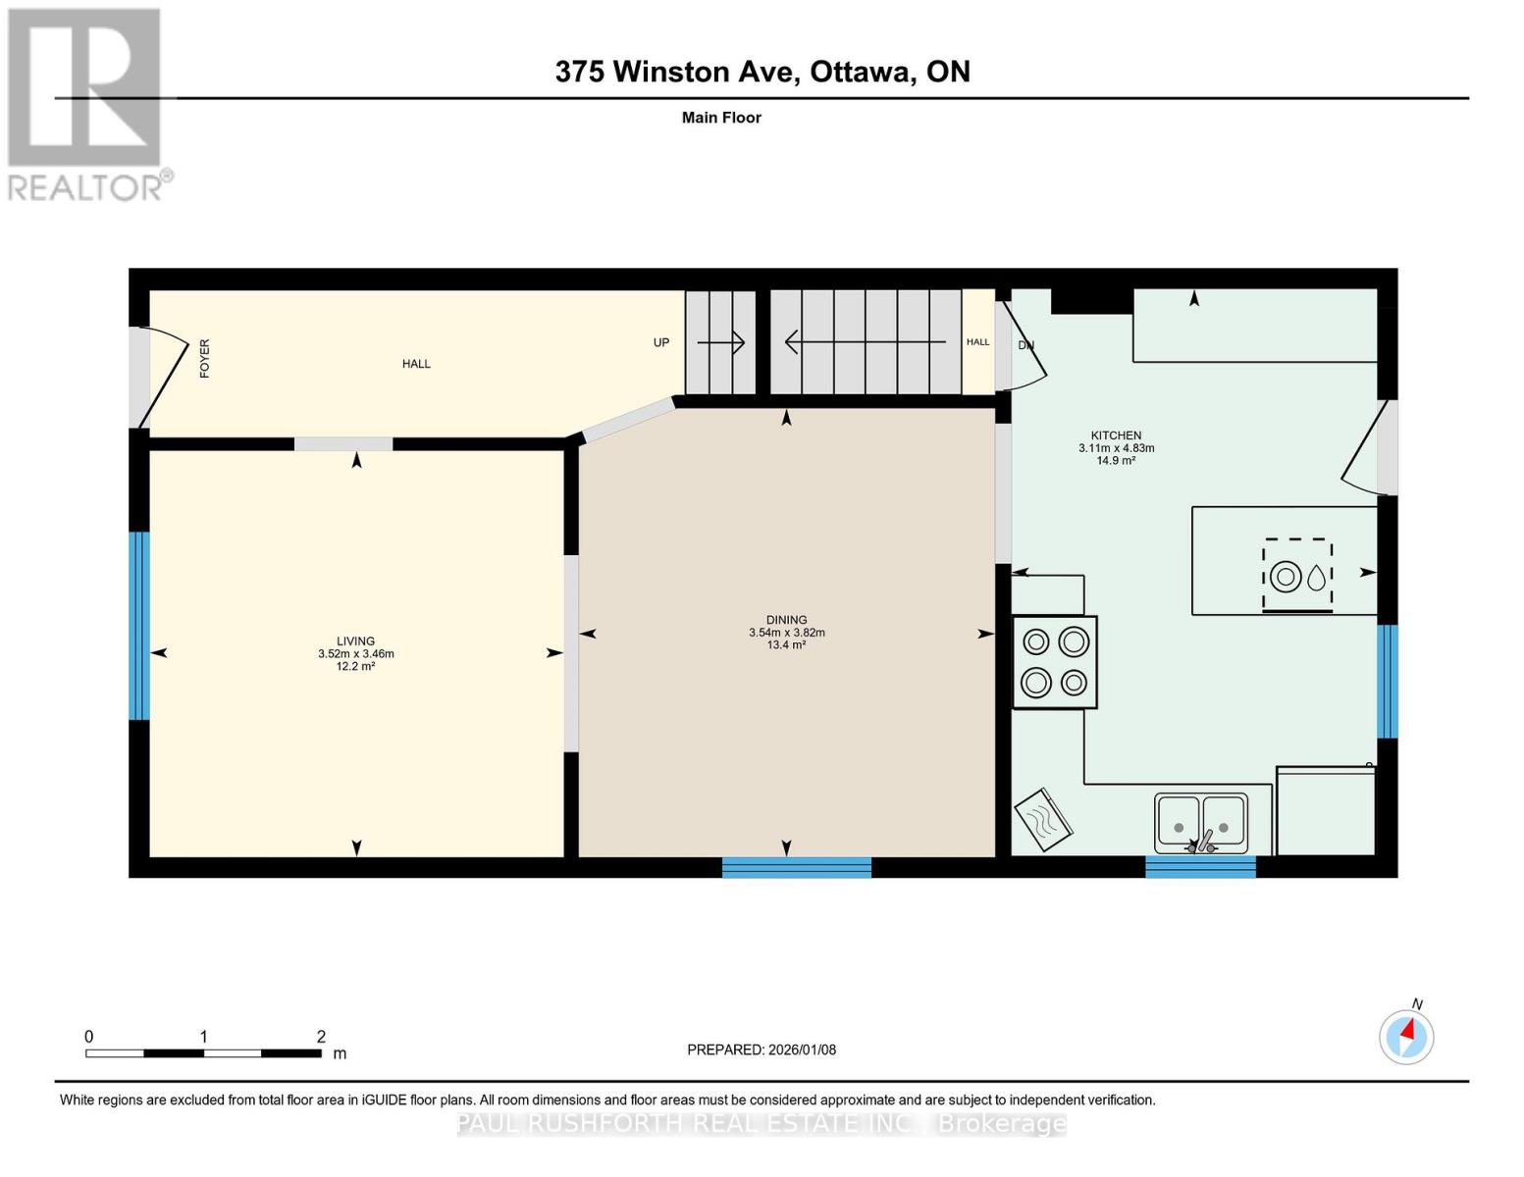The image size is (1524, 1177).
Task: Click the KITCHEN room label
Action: click(x=1116, y=435)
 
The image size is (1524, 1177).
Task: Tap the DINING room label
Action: click(x=786, y=620)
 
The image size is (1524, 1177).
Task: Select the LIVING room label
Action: click(x=355, y=641)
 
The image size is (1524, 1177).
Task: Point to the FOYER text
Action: click(x=205, y=358)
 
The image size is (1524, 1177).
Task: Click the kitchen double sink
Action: click(x=1200, y=822)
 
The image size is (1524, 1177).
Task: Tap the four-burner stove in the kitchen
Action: click(x=1054, y=662)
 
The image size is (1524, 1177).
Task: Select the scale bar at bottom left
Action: click(x=203, y=1053)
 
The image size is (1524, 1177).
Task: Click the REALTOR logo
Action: click(x=85, y=103)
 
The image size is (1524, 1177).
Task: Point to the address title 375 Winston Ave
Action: click(x=762, y=72)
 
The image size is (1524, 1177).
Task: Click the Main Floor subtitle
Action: click(x=721, y=118)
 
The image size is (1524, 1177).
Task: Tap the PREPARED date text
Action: click(x=762, y=1049)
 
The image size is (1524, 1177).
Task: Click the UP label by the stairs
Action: click(x=661, y=342)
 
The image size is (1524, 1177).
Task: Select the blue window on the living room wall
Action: click(x=139, y=626)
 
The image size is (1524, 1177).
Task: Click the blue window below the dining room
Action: click(x=797, y=867)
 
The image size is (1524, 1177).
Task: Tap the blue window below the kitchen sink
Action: click(x=1200, y=867)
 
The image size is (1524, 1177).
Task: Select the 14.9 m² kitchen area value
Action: click(x=1116, y=460)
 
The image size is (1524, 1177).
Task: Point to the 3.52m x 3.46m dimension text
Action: click(x=355, y=654)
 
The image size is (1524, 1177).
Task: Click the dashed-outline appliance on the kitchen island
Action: click(x=1296, y=576)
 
